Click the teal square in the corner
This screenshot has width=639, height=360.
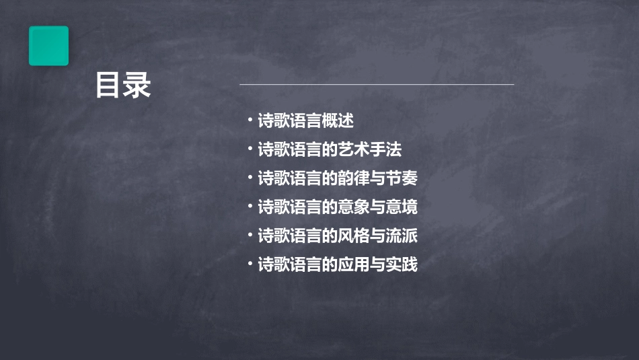48,46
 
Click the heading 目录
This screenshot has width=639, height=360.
123,86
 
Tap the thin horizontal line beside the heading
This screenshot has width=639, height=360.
377,85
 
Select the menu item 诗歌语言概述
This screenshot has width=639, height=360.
305,121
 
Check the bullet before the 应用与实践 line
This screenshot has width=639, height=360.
250,264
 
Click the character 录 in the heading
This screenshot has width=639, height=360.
138,86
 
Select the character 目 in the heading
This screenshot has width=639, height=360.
108,86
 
